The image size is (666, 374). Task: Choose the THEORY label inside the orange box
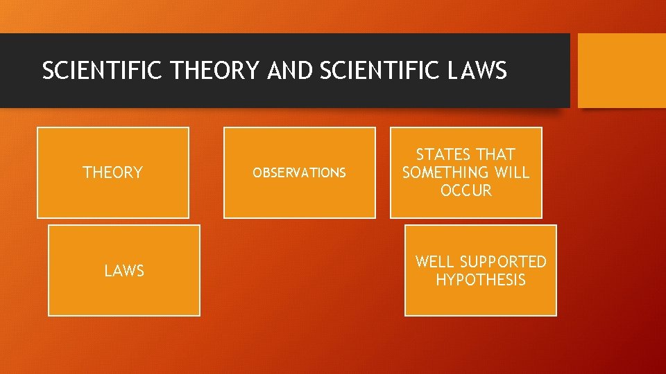[112, 172]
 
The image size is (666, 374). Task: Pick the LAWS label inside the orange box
[124, 271]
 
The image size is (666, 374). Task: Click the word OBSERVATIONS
[299, 173]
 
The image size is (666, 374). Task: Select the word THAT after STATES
[495, 154]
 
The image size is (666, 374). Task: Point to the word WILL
[512, 172]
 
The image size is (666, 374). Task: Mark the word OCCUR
[466, 190]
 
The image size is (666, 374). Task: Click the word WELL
[435, 262]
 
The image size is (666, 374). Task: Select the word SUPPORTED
[503, 262]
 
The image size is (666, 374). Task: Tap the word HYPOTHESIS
[481, 280]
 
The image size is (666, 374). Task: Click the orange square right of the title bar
[622, 71]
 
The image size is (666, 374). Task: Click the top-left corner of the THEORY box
[37, 128]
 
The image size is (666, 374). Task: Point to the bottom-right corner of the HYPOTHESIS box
[556, 315]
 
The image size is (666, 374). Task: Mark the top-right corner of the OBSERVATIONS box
[375, 128]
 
